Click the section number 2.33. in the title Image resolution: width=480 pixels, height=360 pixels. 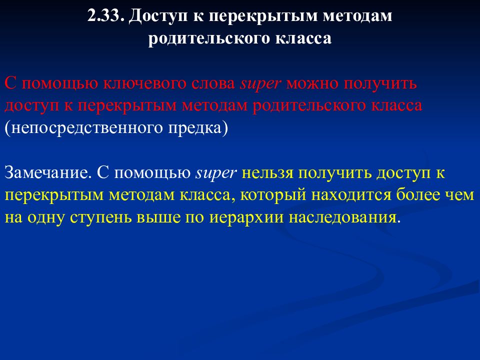pyautogui.click(x=105, y=16)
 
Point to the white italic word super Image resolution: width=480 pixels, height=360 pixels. pyautogui.click(x=215, y=173)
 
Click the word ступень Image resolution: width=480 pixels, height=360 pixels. pyautogui.click(x=103, y=218)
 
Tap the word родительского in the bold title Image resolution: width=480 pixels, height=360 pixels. pyautogui.click(x=209, y=39)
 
